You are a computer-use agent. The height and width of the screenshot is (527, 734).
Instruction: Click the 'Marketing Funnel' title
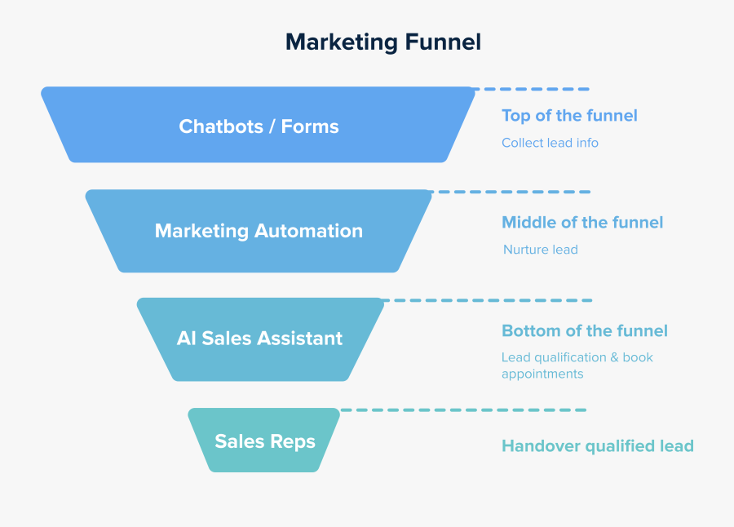(382, 42)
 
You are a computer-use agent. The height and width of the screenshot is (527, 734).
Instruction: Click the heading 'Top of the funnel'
(569, 116)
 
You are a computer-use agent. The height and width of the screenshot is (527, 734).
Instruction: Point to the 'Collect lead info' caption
(550, 143)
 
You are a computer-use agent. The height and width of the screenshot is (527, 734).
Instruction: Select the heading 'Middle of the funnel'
(582, 223)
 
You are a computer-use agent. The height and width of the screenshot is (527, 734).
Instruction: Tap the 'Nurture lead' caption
(540, 250)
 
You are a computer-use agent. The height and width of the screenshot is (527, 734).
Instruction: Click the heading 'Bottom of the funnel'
(584, 331)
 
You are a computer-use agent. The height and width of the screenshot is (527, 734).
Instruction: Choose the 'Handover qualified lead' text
(597, 446)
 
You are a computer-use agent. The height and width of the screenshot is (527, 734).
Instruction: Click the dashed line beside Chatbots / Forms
(532, 89)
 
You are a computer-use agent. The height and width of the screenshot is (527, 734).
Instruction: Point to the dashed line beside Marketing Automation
(511, 193)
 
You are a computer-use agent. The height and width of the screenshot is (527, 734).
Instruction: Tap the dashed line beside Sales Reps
(463, 410)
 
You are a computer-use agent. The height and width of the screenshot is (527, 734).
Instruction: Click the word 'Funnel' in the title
(441, 42)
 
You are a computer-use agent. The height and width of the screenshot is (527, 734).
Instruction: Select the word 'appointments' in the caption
(542, 374)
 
